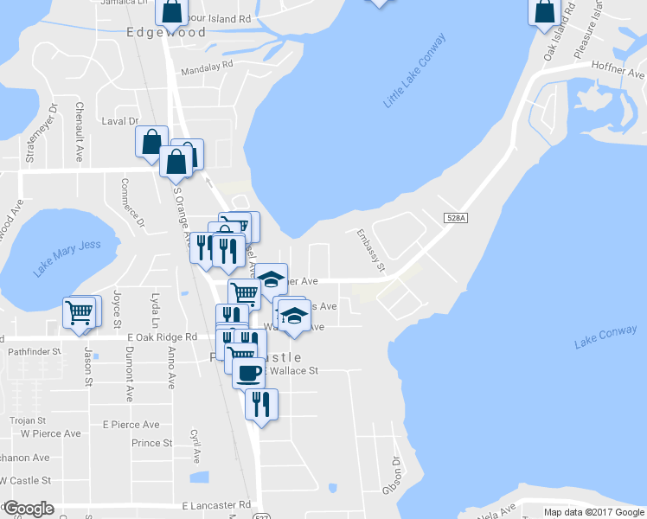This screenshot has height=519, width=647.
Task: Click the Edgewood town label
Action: pos(166,33)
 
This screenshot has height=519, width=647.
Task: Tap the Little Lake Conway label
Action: pos(415,72)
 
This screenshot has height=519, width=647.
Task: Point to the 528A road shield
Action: pos(457,219)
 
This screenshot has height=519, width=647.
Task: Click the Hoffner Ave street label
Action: pos(618,66)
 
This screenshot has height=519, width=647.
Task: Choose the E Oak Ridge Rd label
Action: pos(162,337)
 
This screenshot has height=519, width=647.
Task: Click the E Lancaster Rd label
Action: pos(217,504)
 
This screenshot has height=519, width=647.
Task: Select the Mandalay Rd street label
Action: pos(208,65)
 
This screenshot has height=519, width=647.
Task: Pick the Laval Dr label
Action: pos(120,122)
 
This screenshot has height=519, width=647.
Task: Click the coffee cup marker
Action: pos(248,373)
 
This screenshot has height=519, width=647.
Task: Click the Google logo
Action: pos(28,509)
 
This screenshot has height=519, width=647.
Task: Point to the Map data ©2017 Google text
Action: pos(594,512)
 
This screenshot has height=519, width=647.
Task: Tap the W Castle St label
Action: pos(26,480)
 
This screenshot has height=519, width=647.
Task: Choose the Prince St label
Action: pos(152,443)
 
